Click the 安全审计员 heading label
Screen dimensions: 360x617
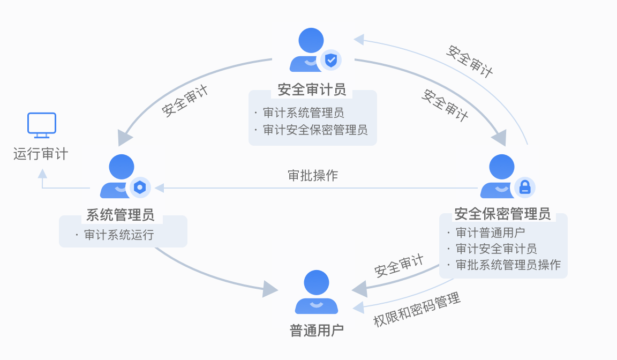tap(312, 89)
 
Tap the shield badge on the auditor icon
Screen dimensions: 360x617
tap(332, 60)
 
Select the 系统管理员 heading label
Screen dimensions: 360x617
tap(121, 215)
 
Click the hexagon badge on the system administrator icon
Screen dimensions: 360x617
tap(140, 187)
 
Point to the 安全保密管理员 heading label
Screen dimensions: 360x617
tap(502, 214)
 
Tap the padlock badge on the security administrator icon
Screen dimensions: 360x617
tap(525, 187)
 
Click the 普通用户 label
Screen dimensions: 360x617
tap(317, 330)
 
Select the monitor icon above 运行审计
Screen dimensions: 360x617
tap(42, 124)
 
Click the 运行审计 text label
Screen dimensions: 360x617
tap(41, 154)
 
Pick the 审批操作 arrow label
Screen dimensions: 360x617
tap(313, 176)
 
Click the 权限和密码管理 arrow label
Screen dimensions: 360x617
tap(417, 310)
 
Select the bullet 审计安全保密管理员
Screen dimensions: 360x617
tap(315, 130)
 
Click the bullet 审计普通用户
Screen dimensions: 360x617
tap(490, 232)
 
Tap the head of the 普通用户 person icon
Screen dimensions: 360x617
tap(316, 283)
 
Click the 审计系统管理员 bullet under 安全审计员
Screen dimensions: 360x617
tap(303, 113)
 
